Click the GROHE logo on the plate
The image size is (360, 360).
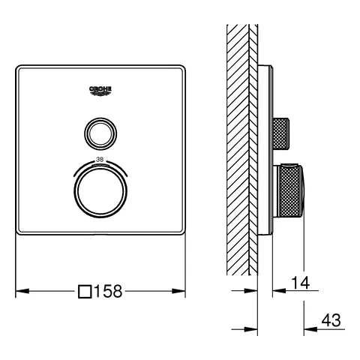(x=100, y=91)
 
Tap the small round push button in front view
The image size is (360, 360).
(x=100, y=133)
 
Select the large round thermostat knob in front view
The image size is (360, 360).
(x=100, y=191)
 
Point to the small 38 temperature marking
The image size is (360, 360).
(x=100, y=160)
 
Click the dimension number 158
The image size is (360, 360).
(x=108, y=291)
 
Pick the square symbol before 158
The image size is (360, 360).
(x=85, y=292)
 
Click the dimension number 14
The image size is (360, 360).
(x=301, y=283)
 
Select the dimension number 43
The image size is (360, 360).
(x=331, y=320)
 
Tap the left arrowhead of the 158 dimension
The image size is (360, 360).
(x=22, y=291)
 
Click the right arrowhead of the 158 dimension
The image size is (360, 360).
(x=178, y=291)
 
